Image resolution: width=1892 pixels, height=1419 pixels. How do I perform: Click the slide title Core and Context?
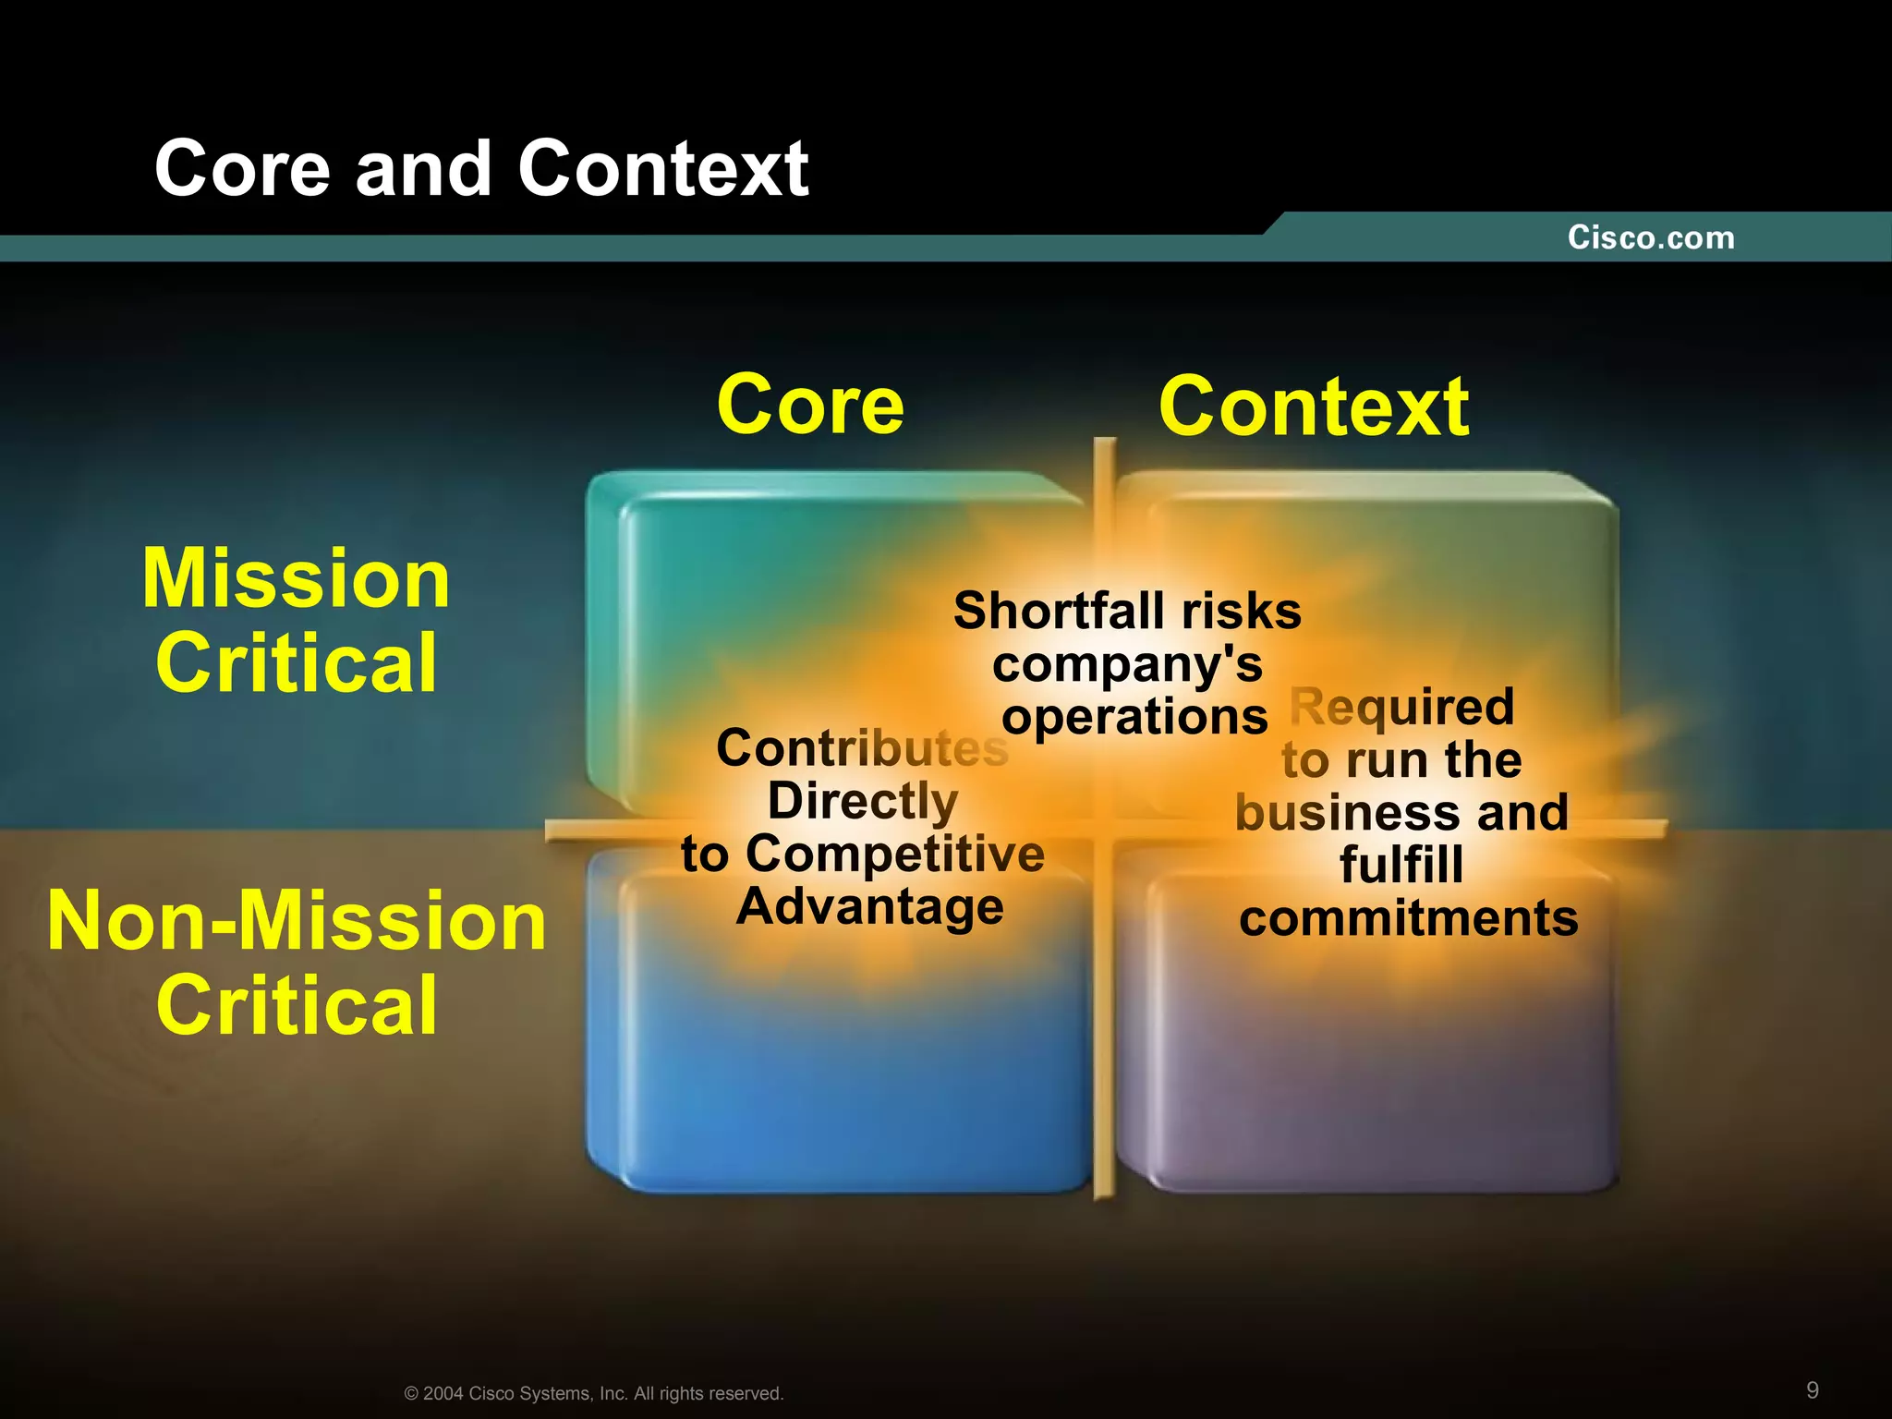point(481,168)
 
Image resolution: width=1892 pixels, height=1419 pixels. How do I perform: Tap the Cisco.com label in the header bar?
point(1650,237)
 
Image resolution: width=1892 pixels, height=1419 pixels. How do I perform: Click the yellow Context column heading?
point(1313,406)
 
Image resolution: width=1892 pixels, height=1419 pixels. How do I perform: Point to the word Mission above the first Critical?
point(296,578)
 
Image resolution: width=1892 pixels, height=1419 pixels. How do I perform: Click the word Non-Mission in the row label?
point(297,921)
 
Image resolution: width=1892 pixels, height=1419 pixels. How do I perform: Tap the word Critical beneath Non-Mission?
point(297,1005)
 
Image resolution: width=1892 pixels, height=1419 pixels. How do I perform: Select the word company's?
point(1127,664)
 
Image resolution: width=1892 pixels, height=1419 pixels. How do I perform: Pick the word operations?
point(1134,717)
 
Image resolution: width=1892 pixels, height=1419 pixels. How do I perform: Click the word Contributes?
point(862,747)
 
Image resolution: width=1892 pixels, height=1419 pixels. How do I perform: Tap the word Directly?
point(862,800)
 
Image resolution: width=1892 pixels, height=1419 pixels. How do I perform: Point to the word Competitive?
point(894,853)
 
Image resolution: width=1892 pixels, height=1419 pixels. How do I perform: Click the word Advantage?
point(869,906)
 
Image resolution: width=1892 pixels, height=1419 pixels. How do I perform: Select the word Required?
point(1401,707)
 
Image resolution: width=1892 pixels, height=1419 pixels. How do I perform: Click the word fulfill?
point(1401,865)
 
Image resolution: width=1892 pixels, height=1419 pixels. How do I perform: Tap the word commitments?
point(1408,918)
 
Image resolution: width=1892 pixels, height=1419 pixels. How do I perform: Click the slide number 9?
point(1813,1390)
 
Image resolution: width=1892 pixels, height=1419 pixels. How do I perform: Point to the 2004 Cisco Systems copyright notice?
point(594,1393)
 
